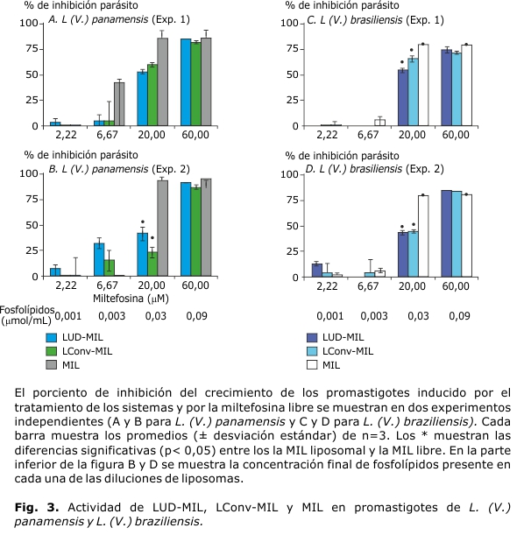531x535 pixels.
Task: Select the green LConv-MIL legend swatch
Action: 56,351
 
